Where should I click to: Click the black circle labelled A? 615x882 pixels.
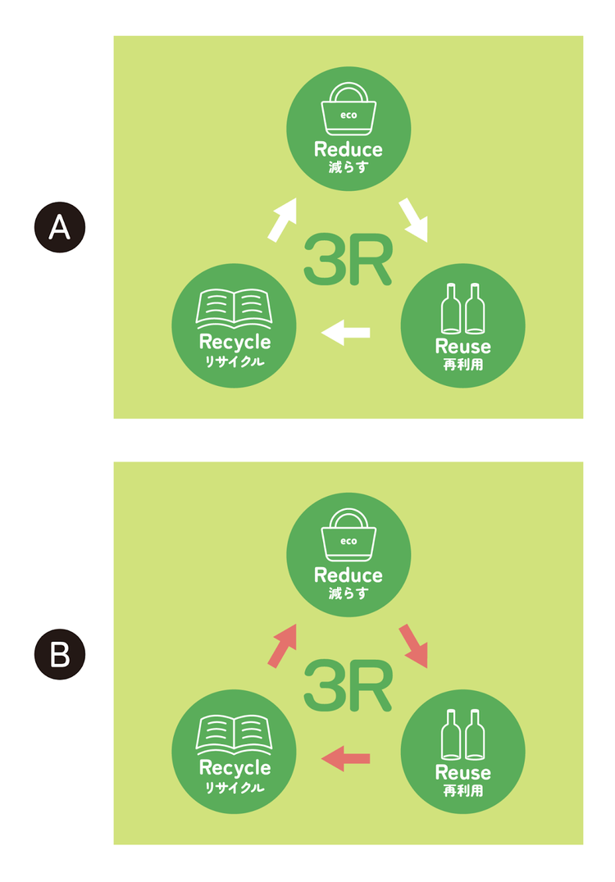[60, 226]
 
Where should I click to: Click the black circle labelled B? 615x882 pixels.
[60, 654]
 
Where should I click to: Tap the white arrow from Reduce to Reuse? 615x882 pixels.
[412, 220]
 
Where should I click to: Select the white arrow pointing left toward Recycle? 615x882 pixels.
[346, 332]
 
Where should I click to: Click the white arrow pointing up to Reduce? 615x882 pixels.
[281, 219]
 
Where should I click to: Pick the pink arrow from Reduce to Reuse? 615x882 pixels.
[412, 646]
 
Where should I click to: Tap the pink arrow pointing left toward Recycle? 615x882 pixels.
[346, 758]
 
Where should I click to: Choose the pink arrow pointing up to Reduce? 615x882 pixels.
[281, 645]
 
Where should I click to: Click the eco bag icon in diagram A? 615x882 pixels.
[348, 110]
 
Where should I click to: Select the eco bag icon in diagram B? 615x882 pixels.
[348, 536]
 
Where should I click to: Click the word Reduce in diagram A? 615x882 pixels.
[348, 149]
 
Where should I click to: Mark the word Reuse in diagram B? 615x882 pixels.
[462, 772]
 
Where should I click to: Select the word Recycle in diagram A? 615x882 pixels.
[235, 343]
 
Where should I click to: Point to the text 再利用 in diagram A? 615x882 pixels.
[462, 364]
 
